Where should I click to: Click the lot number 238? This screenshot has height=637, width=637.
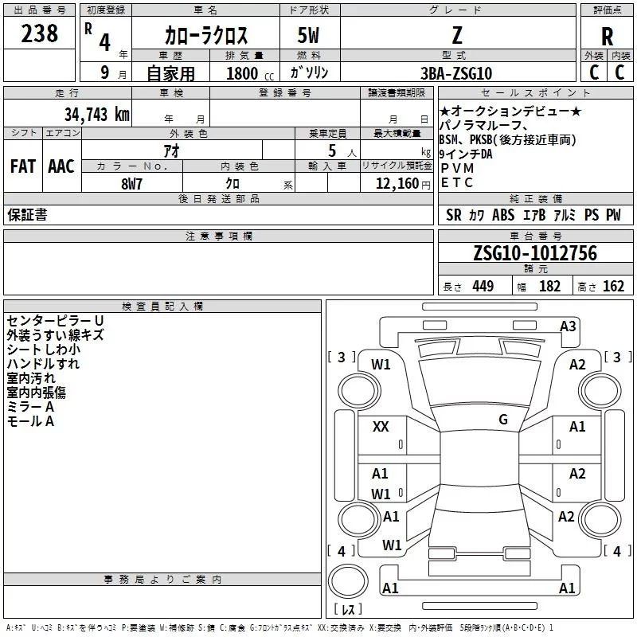coord(40,33)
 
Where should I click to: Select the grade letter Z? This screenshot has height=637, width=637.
coord(456,35)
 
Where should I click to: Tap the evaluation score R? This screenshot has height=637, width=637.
coord(607,37)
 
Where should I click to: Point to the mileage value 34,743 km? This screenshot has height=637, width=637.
coord(96,114)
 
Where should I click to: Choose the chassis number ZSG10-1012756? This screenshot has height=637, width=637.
coord(534,253)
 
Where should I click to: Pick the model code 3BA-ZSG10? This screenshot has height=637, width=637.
coord(456,73)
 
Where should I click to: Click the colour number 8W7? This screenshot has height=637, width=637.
coord(131,183)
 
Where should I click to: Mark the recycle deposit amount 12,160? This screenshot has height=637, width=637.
coord(395,183)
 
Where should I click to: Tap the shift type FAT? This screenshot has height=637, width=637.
coord(22,166)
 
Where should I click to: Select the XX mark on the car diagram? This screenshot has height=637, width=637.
coord(381,427)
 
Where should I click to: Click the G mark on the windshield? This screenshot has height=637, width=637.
coord(502,419)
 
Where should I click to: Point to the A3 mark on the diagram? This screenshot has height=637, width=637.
coord(568,326)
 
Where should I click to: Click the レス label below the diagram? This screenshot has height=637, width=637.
coord(347,610)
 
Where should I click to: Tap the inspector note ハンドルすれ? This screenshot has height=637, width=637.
coord(43,363)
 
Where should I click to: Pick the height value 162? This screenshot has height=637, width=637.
coord(613,287)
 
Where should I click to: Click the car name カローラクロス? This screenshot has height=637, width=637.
coord(206,36)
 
